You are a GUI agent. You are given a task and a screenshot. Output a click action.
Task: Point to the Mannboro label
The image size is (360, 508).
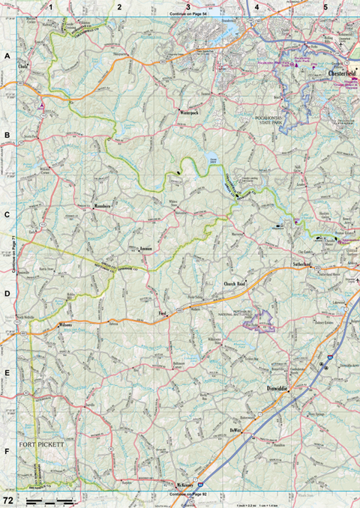[x=102, y=205]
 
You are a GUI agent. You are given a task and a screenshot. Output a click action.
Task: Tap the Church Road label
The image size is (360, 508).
[x=235, y=285]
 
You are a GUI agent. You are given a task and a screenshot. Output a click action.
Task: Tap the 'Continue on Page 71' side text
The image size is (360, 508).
[x=13, y=255]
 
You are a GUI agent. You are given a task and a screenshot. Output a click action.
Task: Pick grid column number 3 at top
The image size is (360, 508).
[x=187, y=6]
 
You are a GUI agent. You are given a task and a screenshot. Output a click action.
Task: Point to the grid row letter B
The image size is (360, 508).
[x=7, y=136]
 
